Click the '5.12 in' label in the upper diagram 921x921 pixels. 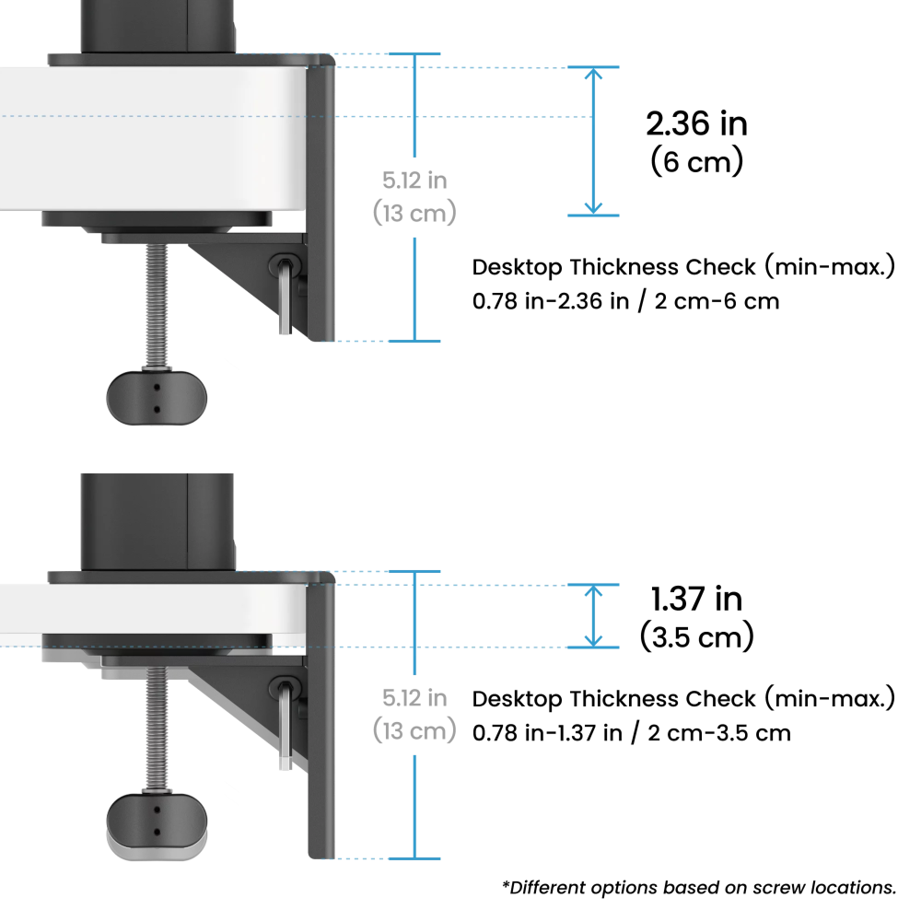tap(414, 181)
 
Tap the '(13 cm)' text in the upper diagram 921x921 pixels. tap(414, 213)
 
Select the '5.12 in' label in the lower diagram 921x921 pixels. tap(414, 697)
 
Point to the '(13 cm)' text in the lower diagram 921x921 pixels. tap(414, 730)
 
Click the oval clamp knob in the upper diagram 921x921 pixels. tap(157, 398)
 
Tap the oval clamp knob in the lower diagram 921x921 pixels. tap(157, 822)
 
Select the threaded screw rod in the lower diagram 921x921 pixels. tap(157, 728)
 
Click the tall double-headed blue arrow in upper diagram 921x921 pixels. tap(594, 141)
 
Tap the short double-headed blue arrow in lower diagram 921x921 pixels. tap(594, 614)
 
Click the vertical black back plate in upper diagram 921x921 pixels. tap(323, 203)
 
